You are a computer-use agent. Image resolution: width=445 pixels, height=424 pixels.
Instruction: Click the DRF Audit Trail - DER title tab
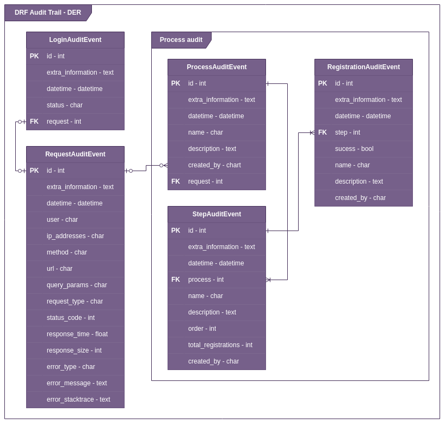click(48, 13)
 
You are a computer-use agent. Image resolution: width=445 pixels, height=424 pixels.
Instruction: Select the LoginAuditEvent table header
click(75, 40)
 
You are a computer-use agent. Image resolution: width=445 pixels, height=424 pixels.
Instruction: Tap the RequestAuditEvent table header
click(75, 154)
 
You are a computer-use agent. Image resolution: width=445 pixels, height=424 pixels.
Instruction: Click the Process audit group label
click(181, 40)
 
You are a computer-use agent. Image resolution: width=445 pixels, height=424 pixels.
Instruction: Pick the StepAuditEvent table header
click(217, 214)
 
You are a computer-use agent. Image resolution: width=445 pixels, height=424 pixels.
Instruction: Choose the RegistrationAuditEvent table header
click(363, 67)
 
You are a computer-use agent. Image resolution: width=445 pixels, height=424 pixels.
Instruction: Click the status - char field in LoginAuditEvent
click(65, 105)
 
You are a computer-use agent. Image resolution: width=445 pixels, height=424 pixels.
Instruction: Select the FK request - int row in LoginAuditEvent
click(75, 122)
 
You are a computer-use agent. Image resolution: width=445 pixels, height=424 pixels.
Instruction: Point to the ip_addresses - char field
click(75, 236)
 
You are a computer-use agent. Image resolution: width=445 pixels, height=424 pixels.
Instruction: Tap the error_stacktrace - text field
click(78, 399)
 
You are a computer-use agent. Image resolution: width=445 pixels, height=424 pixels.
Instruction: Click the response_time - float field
click(77, 334)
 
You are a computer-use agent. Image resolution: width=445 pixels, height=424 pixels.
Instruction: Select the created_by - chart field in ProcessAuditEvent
click(214, 165)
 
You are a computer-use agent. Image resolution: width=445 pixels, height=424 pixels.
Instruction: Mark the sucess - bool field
click(354, 149)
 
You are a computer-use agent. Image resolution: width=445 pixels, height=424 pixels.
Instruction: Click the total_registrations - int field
click(220, 345)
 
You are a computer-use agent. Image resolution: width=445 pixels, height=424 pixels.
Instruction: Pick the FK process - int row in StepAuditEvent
click(217, 280)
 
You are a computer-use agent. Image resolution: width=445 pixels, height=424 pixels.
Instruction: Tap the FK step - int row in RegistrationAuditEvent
click(363, 132)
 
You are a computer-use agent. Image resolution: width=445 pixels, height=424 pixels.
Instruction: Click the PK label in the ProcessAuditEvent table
click(176, 83)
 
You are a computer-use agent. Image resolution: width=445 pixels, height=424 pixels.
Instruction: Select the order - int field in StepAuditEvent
click(202, 329)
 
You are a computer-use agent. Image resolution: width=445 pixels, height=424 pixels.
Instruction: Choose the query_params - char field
click(77, 285)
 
